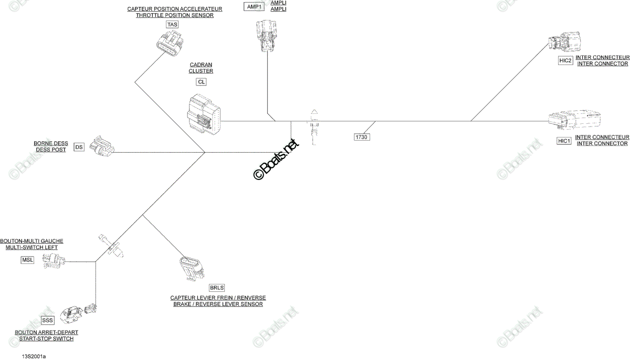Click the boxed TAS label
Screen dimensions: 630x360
(172, 25)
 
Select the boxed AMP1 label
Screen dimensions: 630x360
(254, 6)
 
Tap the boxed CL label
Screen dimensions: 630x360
(201, 82)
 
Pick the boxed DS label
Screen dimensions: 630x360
(79, 147)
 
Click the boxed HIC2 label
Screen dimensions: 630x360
(565, 60)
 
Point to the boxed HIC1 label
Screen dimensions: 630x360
(564, 141)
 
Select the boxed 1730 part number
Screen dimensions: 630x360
(361, 137)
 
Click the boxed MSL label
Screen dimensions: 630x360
(27, 260)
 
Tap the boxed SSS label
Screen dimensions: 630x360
(47, 320)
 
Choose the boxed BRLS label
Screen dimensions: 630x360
(217, 288)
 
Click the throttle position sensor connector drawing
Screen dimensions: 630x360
(170, 44)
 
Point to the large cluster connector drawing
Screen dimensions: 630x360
(204, 114)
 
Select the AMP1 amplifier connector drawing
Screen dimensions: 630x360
(266, 36)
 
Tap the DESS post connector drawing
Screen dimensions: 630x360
(102, 146)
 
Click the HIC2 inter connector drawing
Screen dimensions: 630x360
(564, 42)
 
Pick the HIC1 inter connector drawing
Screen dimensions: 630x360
(574, 120)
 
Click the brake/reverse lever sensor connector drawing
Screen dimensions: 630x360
(192, 268)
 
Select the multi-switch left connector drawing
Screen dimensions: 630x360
(54, 260)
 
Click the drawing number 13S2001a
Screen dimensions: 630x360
(34, 357)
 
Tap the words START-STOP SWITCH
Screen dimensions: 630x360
(46, 338)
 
